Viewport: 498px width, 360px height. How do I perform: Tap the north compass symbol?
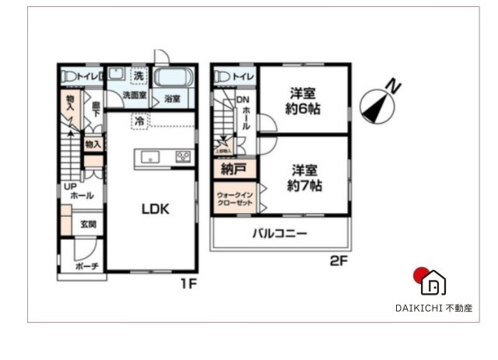coord(378,104)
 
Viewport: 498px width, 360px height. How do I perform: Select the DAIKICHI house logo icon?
coord(430,281)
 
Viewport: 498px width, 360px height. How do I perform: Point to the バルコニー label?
coord(279,233)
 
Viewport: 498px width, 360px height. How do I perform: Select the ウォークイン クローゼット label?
coord(234,197)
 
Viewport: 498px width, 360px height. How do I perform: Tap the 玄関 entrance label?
coord(88,224)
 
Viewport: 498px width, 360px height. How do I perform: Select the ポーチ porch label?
coord(87,266)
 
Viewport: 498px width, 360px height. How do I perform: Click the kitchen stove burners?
coord(184,157)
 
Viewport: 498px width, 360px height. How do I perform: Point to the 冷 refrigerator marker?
coord(139,121)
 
